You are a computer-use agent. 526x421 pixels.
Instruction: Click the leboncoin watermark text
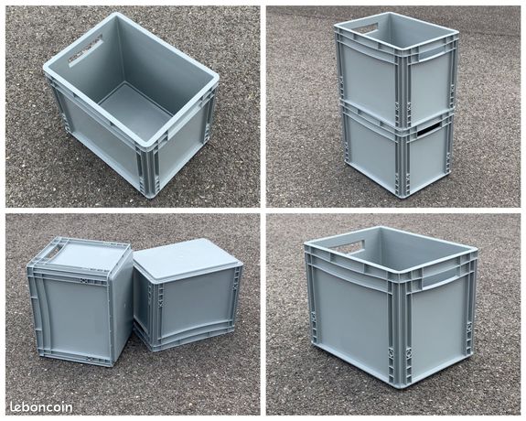click(x=40, y=405)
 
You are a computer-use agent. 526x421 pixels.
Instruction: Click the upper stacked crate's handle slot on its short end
click(x=367, y=29)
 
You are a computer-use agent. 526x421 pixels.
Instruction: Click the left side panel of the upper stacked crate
click(x=366, y=73)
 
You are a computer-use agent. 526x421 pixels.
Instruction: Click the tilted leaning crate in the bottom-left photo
click(x=188, y=293)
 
